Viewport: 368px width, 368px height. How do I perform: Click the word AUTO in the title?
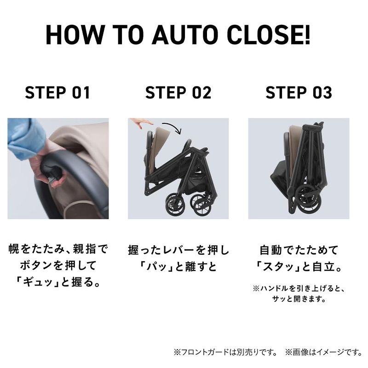click(x=185, y=35)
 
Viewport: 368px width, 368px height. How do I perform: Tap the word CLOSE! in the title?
click(x=269, y=35)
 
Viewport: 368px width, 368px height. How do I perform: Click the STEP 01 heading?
click(x=57, y=92)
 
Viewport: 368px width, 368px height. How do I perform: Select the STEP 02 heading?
click(x=178, y=92)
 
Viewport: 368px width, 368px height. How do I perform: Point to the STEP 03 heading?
click(x=299, y=92)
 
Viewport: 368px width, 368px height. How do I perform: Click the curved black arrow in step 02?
click(x=174, y=126)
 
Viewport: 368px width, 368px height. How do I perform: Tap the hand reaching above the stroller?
click(x=141, y=122)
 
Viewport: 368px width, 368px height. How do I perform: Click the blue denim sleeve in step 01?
click(x=26, y=138)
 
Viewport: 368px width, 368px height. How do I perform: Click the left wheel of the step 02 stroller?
click(x=174, y=205)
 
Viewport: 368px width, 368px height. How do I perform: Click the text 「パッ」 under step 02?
click(x=156, y=266)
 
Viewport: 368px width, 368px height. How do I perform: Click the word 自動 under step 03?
click(x=270, y=250)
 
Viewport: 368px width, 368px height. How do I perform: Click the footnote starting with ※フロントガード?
click(x=225, y=352)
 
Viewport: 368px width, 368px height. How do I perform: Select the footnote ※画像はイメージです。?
click(x=324, y=352)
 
